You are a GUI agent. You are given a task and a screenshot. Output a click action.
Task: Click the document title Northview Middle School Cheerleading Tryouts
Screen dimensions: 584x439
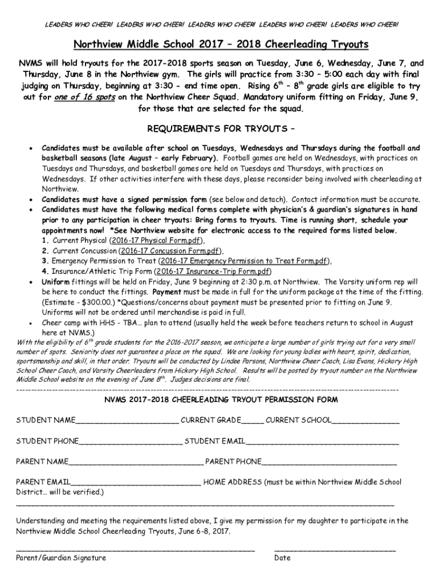click(x=220, y=44)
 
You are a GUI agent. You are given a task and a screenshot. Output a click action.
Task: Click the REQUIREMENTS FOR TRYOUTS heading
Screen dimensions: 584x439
click(x=219, y=128)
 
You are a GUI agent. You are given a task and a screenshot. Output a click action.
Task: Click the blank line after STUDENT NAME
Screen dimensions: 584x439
click(x=127, y=421)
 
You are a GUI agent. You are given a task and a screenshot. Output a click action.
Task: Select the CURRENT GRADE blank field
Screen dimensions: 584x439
click(x=252, y=421)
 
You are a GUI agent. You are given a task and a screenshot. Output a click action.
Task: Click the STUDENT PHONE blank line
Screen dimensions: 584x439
click(x=131, y=442)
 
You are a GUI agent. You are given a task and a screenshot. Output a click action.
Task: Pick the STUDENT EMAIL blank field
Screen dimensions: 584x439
click(x=322, y=442)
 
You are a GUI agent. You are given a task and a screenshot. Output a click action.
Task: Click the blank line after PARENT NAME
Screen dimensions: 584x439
click(x=136, y=462)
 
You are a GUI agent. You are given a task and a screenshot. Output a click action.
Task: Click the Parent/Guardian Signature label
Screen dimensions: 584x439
click(x=60, y=558)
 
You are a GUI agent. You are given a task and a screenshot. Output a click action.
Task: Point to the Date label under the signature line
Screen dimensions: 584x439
click(x=282, y=558)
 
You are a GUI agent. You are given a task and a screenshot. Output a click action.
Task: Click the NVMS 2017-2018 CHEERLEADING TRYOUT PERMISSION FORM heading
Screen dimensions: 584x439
click(x=220, y=399)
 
